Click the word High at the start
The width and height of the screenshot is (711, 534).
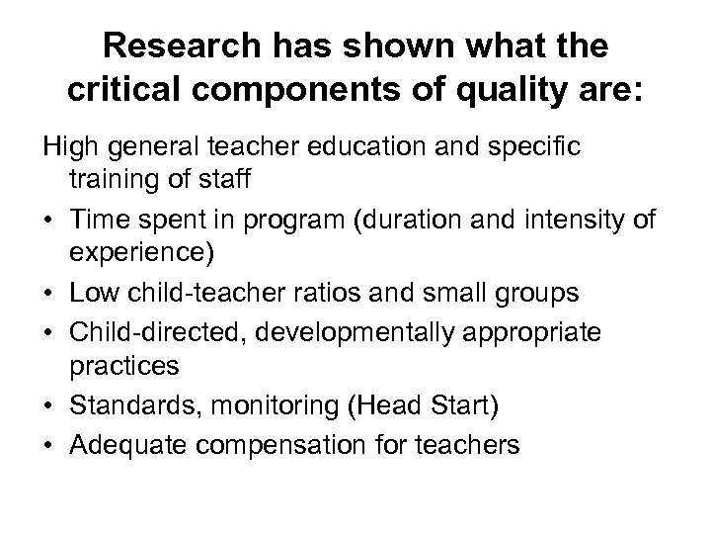65,147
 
